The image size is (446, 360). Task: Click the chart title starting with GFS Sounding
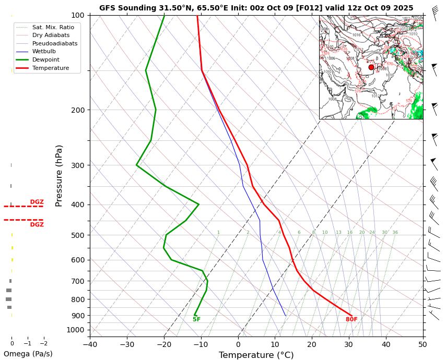point(256,8)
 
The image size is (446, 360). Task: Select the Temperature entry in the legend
point(51,68)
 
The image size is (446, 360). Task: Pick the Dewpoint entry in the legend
point(46,59)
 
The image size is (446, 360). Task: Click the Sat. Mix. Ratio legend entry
point(53,27)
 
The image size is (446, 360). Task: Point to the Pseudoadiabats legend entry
point(55,43)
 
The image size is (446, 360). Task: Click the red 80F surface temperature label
point(351,319)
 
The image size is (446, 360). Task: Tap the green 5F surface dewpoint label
point(196,319)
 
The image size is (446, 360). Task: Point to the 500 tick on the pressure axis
point(77,235)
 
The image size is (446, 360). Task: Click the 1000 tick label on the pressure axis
point(76,330)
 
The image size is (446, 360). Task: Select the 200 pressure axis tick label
point(77,110)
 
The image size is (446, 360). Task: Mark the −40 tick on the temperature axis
point(90,344)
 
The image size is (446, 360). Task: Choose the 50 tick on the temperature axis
point(423,344)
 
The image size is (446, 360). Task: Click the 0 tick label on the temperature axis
point(238,344)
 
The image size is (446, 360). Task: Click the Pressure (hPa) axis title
point(59,175)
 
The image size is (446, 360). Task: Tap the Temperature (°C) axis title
point(256,355)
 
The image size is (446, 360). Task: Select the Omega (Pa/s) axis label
point(28,354)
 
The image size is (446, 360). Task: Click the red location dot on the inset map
point(371,67)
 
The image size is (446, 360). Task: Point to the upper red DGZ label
point(37,202)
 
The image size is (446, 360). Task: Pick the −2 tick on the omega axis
point(43,343)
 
